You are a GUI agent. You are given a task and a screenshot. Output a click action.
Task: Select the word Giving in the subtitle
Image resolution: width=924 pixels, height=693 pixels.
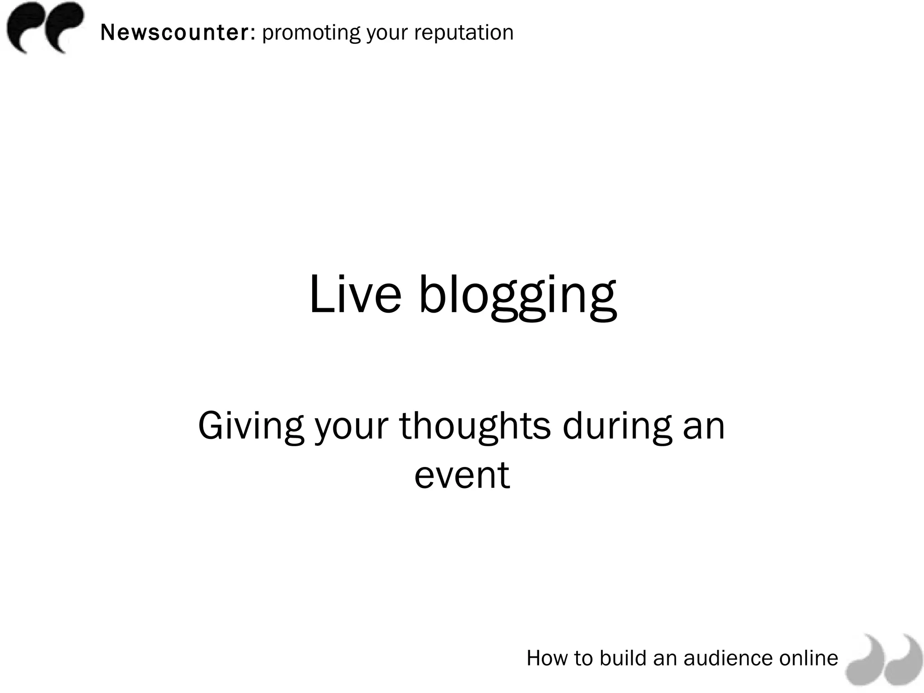pyautogui.click(x=251, y=427)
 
